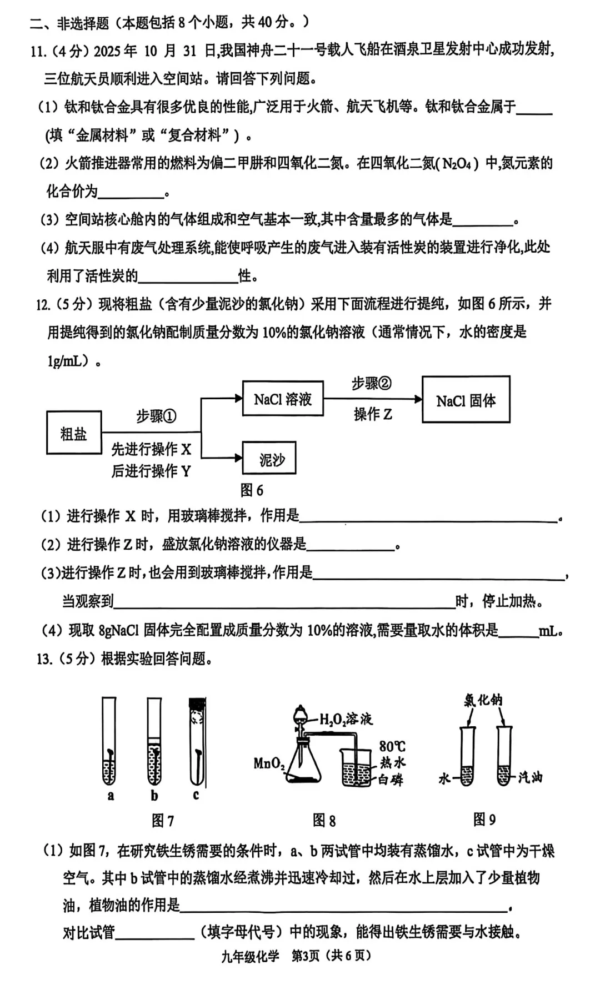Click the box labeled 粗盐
point(74,433)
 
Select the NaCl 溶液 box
point(283,399)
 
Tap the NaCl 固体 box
point(466,400)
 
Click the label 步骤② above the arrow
point(372,384)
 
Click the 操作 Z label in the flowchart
point(373,414)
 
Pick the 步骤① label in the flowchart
point(156,416)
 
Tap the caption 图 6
point(252,490)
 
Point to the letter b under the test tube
point(154,796)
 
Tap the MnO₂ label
point(269,764)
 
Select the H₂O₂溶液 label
point(346,720)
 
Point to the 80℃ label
point(392,747)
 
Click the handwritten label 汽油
point(529,777)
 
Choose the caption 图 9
point(484,820)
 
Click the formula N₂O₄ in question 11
point(457,164)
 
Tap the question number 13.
point(44,659)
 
